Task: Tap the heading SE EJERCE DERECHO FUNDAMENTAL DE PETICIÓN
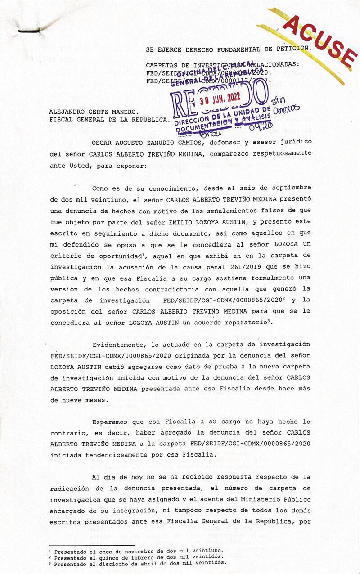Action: pos(228,49)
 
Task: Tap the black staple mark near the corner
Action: pos(29,31)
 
